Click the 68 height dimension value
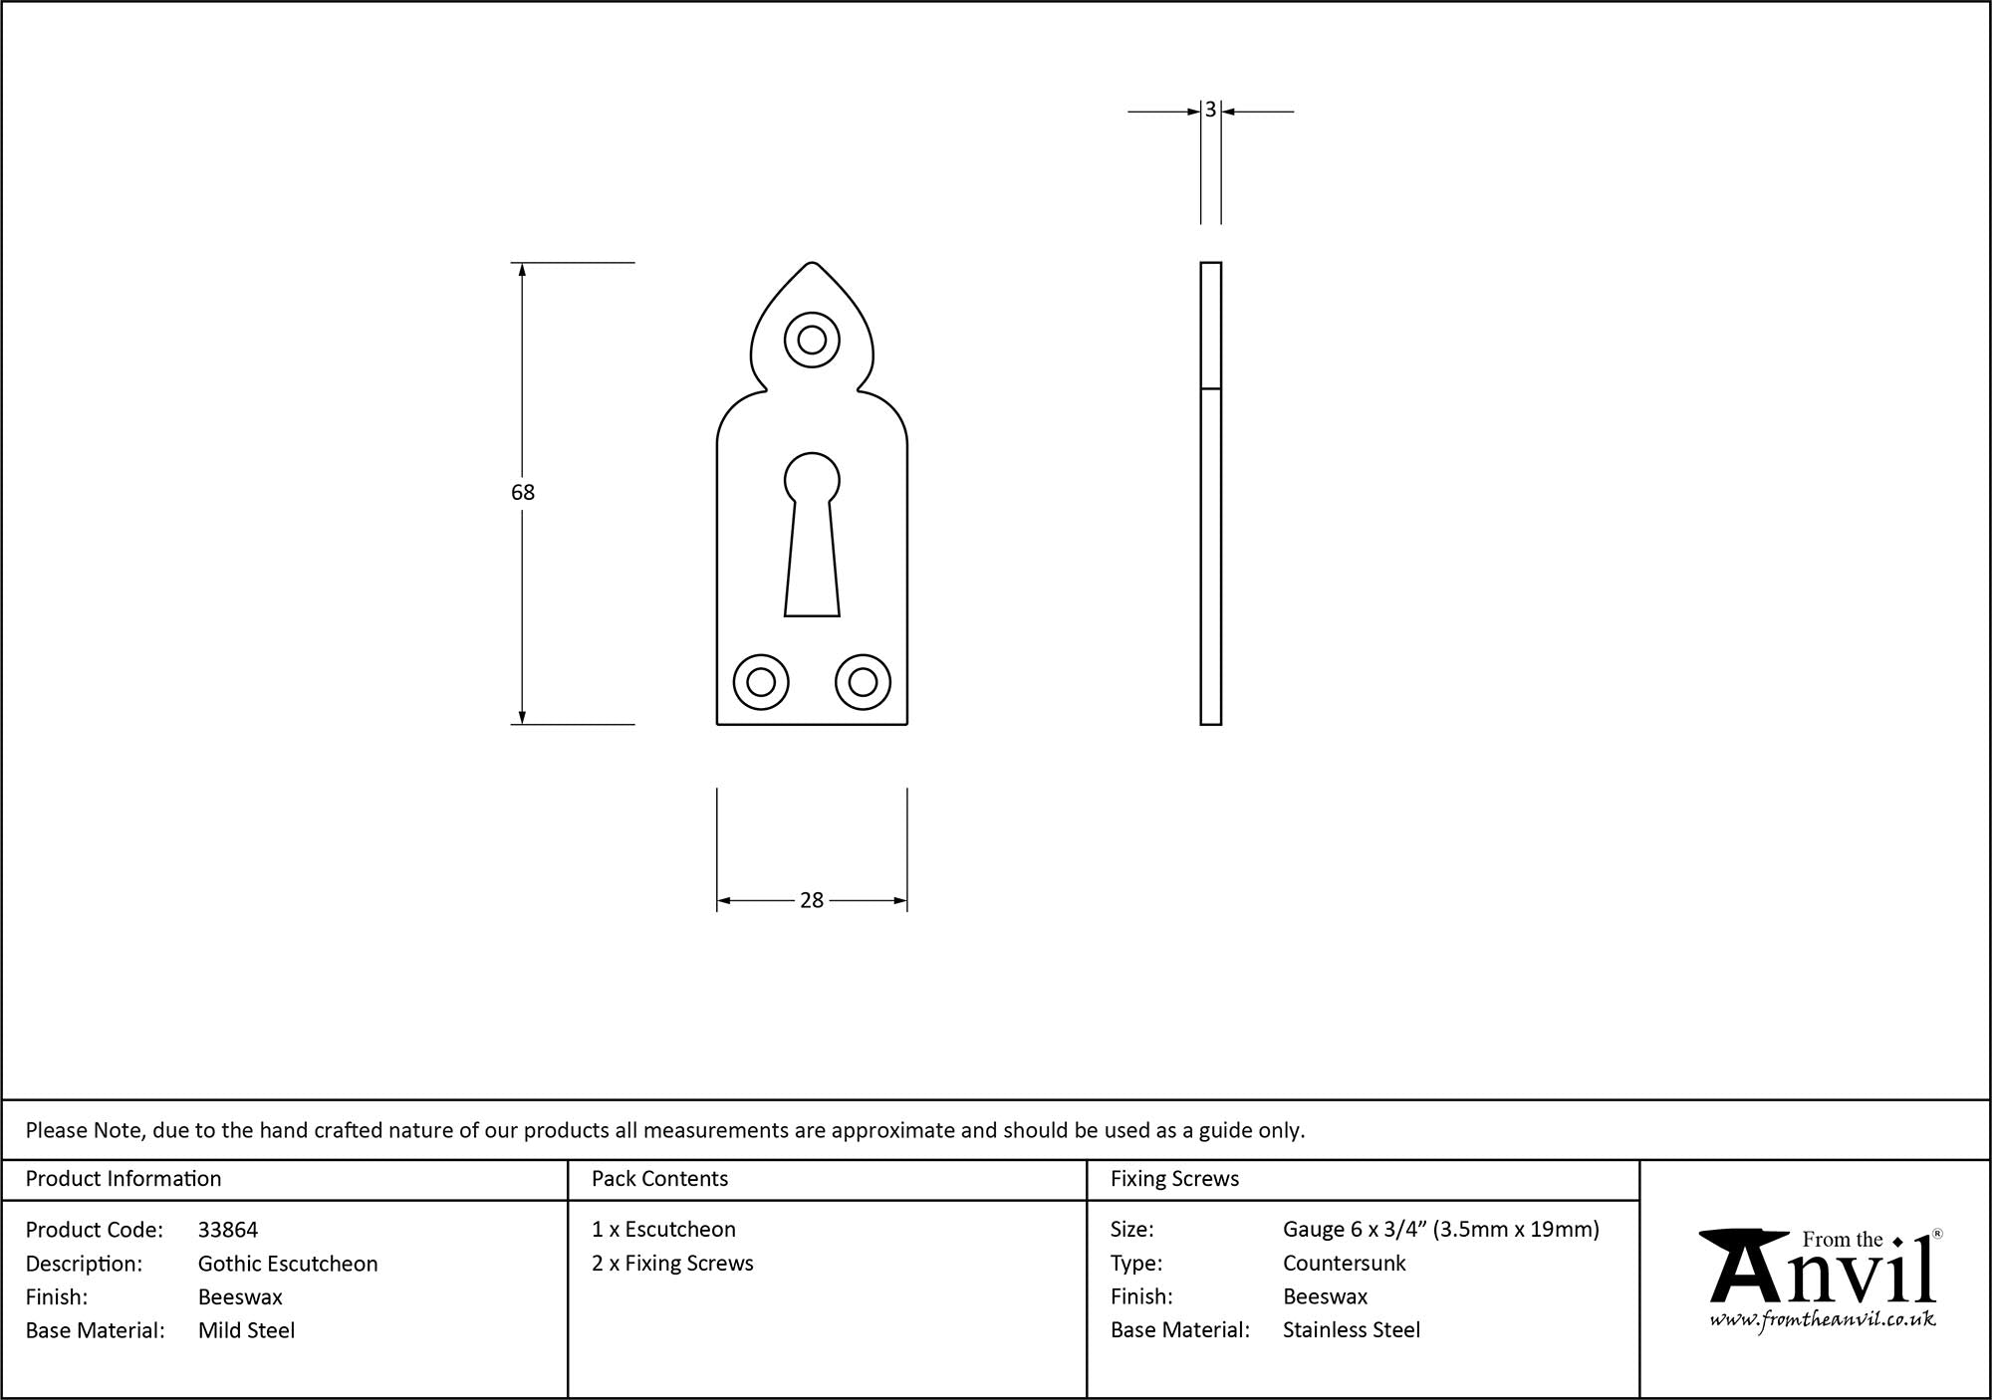point(523,492)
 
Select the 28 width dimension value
point(812,900)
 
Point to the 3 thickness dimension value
point(1210,110)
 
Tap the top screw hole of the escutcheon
point(812,340)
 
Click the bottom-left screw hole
point(761,682)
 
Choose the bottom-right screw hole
point(863,682)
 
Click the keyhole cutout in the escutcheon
point(812,538)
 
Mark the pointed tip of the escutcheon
point(812,265)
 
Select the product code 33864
point(228,1230)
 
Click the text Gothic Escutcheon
point(288,1264)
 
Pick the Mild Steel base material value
point(246,1330)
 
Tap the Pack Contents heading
point(659,1179)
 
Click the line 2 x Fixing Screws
point(672,1263)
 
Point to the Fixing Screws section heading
point(1174,1179)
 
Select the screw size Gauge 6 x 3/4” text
point(1440,1230)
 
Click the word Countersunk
point(1344,1263)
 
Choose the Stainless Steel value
point(1352,1329)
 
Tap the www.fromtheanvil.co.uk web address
point(1823,1320)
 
